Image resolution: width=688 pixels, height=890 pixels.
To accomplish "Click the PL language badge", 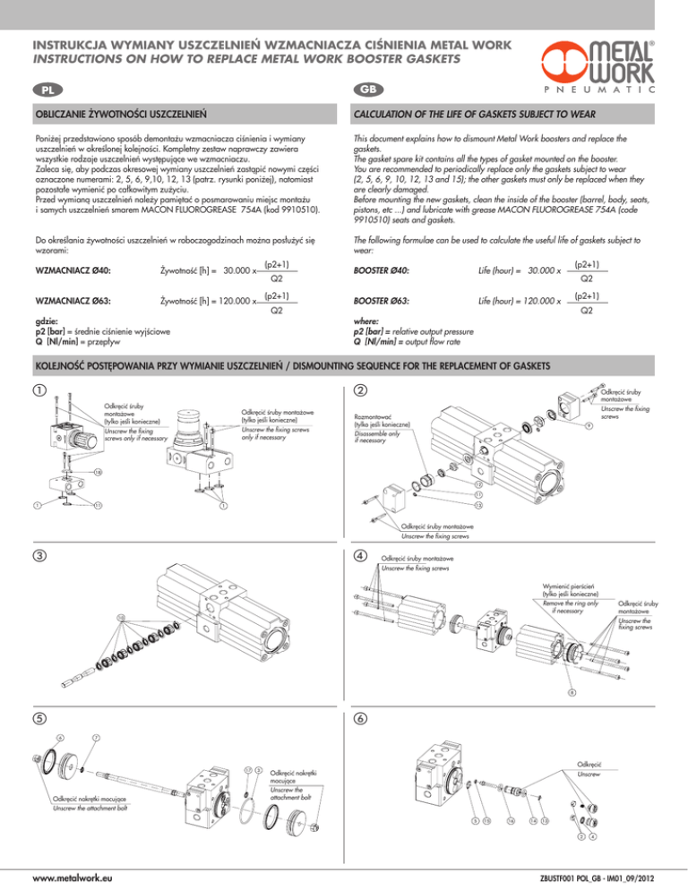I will click(39, 91).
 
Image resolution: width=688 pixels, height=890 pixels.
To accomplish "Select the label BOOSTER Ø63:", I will click(381, 302).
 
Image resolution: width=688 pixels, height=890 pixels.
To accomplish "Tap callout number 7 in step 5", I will click(95, 737).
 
